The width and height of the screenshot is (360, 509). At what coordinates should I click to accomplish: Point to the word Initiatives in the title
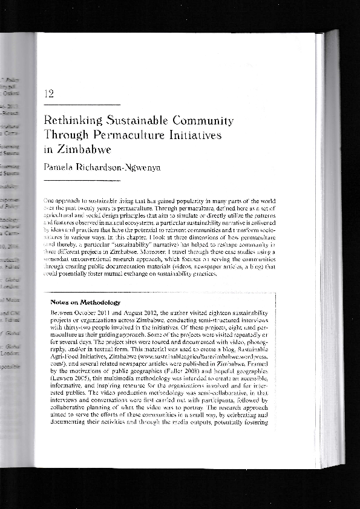(197, 135)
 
